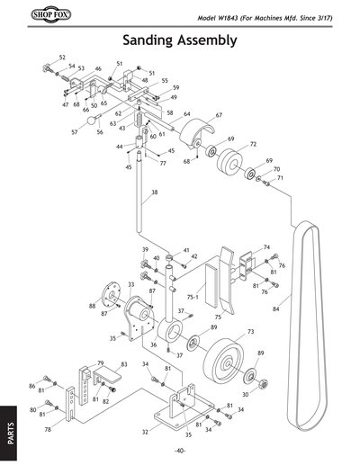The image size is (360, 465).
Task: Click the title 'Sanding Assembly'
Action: pyautogui.click(x=179, y=40)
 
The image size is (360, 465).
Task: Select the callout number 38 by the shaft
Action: pyautogui.click(x=154, y=192)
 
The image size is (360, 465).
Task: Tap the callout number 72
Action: pyautogui.click(x=254, y=144)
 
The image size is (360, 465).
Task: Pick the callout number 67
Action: pyautogui.click(x=218, y=116)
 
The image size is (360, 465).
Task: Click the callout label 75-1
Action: pyautogui.click(x=193, y=296)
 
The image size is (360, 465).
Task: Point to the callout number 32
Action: pyautogui.click(x=144, y=432)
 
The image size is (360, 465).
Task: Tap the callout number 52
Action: pyautogui.click(x=62, y=58)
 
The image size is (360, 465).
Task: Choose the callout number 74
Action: pyautogui.click(x=266, y=247)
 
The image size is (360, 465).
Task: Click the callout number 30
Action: pyautogui.click(x=245, y=395)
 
